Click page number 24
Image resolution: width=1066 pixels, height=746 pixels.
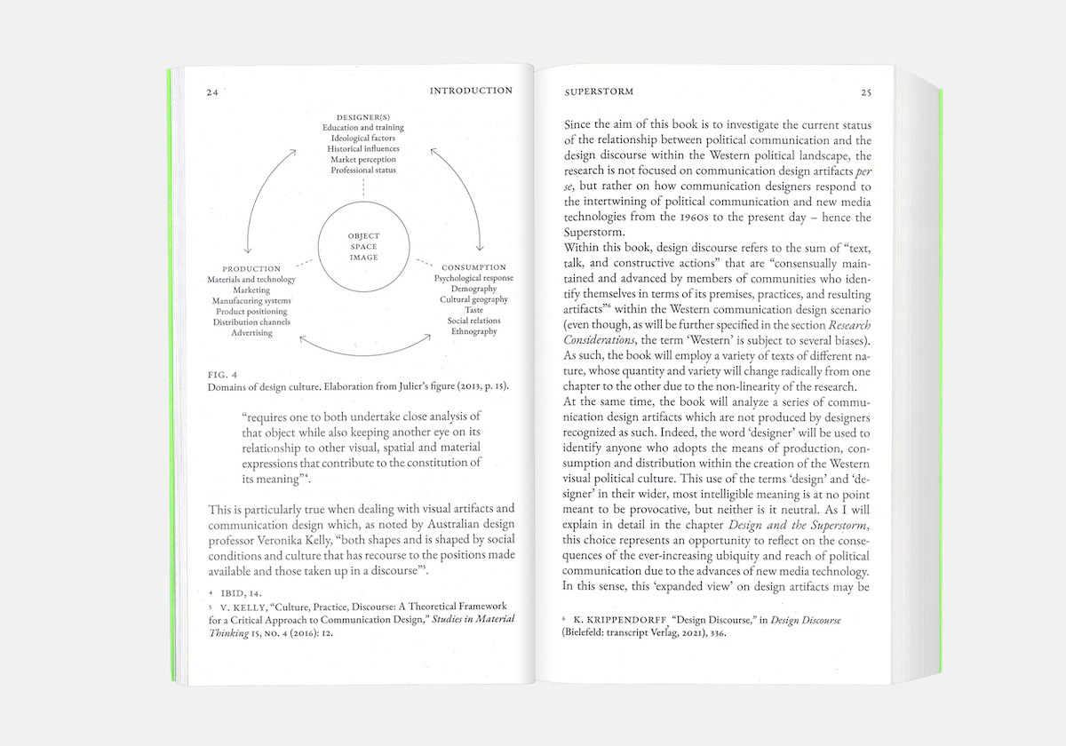tap(212, 91)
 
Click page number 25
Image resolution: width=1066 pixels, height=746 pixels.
tap(866, 92)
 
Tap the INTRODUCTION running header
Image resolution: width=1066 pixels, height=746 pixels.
tap(470, 91)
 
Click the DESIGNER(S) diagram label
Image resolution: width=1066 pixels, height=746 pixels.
tap(363, 117)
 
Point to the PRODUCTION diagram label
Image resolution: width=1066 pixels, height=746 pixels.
tap(251, 268)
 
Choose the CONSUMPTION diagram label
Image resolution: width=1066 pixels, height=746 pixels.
tap(473, 267)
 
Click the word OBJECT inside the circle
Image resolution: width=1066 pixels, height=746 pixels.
tap(363, 235)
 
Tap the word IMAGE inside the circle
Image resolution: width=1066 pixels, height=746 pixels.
tap(363, 258)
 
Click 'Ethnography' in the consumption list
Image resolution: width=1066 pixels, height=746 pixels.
tap(473, 332)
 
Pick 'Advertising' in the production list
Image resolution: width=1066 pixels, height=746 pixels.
tap(251, 333)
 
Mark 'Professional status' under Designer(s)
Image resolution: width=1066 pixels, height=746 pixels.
tap(363, 170)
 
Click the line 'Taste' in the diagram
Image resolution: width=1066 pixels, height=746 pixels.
tap(473, 310)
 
